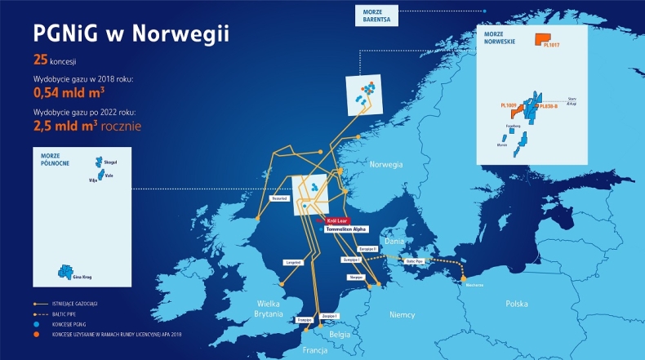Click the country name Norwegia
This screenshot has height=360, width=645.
tap(385, 165)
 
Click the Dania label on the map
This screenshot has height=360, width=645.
tap(394, 242)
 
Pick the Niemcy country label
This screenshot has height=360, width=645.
tap(403, 313)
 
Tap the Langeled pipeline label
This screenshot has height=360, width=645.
tap(295, 262)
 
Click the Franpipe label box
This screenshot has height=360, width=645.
tap(305, 320)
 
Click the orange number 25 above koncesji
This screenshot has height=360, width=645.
tap(41, 60)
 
